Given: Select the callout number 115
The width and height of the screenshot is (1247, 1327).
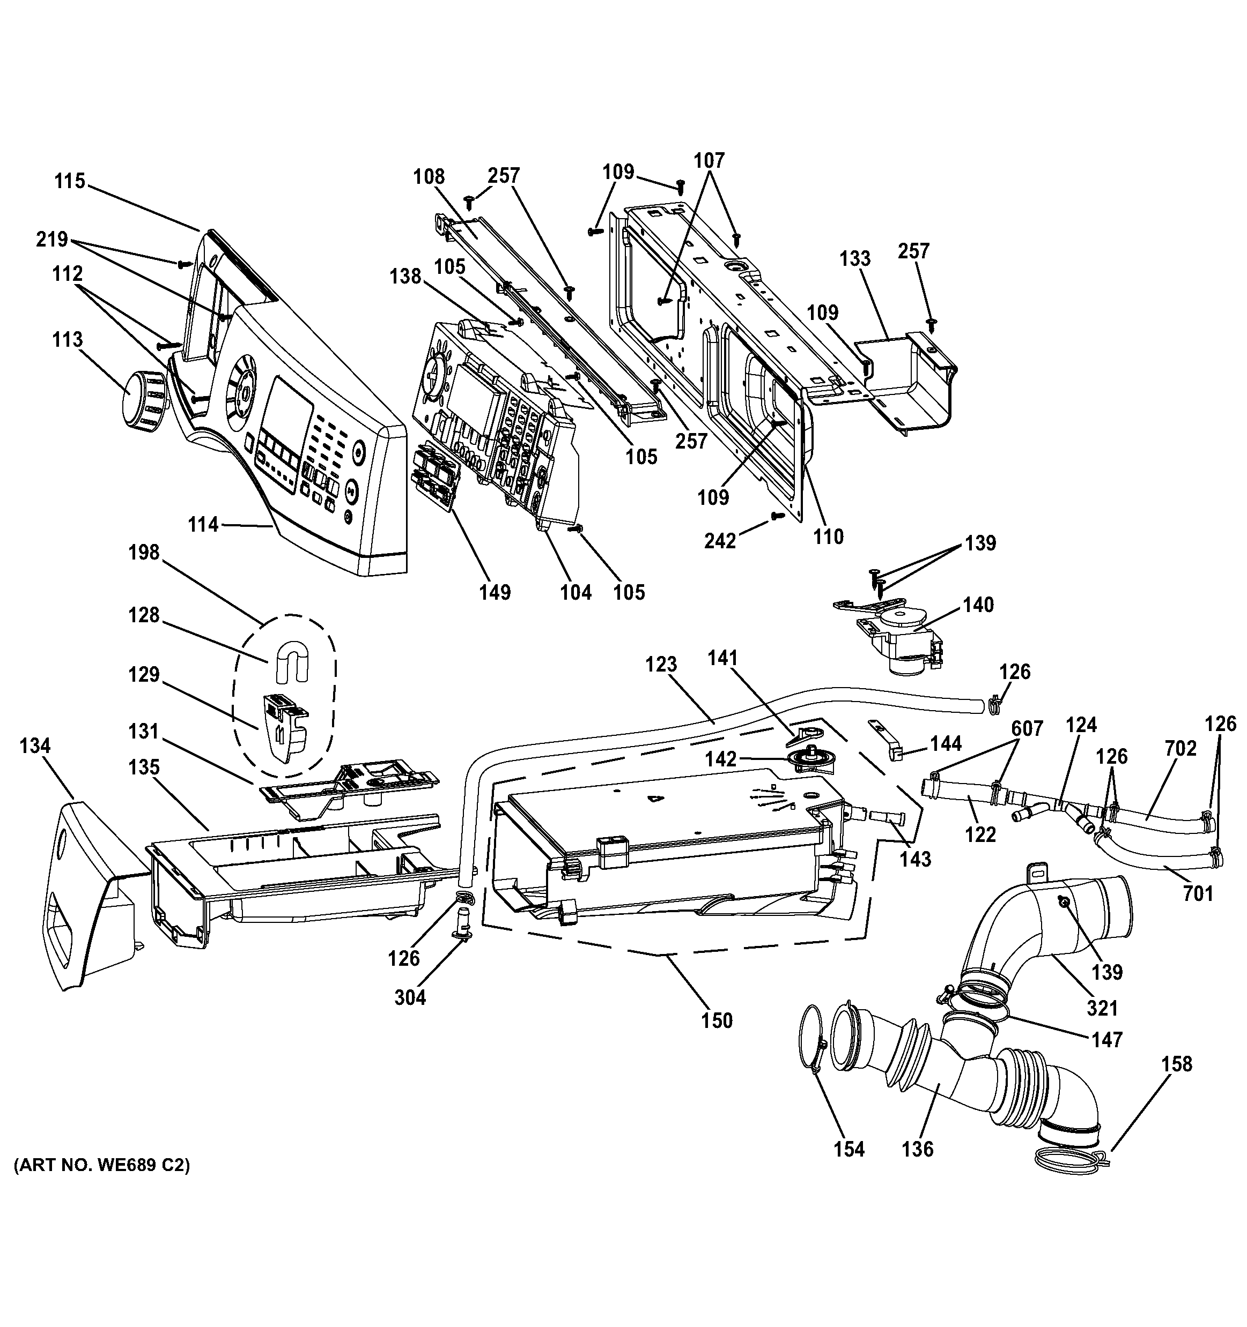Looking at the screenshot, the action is [70, 181].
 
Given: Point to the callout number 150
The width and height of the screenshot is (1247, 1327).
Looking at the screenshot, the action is [717, 1020].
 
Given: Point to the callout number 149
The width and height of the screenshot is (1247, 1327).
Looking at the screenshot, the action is [495, 592].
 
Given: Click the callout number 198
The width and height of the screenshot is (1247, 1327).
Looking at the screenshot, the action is [144, 553].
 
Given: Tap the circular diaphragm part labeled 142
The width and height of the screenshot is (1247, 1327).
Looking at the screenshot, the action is [806, 759].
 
